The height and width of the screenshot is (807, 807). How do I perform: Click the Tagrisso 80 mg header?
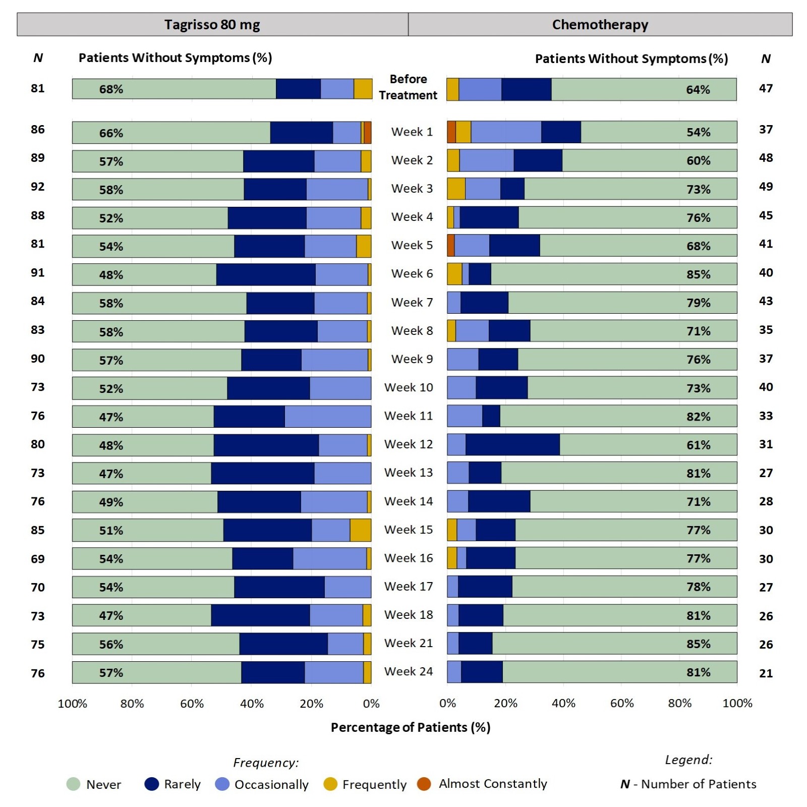(212, 24)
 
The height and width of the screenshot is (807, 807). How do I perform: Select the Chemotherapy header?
(600, 24)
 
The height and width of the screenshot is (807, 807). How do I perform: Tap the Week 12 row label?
(408, 444)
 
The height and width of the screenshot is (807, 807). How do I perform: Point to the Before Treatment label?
(408, 87)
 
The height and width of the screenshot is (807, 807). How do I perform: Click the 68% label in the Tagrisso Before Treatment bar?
(111, 89)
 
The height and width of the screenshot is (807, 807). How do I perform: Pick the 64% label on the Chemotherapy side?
(698, 90)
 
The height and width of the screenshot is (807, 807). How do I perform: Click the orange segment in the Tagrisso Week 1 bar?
(368, 133)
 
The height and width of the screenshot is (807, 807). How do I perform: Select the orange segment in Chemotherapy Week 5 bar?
(450, 246)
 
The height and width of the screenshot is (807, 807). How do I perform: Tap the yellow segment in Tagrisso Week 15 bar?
(360, 530)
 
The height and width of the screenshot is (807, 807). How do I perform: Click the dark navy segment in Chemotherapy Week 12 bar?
(512, 445)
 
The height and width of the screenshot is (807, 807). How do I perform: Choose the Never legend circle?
(74, 784)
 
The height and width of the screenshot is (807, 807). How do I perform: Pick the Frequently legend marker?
(330, 784)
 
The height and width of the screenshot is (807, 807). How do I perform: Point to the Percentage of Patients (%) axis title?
(410, 727)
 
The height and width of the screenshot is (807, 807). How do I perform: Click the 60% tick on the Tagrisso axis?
(192, 704)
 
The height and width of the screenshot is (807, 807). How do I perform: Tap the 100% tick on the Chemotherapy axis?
(737, 704)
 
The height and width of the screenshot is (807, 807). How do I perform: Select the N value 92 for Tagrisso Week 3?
(38, 187)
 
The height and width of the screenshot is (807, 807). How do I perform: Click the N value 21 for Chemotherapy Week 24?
(766, 673)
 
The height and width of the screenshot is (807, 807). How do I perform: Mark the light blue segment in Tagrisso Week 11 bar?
(328, 417)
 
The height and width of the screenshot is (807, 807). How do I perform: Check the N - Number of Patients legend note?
(688, 784)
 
